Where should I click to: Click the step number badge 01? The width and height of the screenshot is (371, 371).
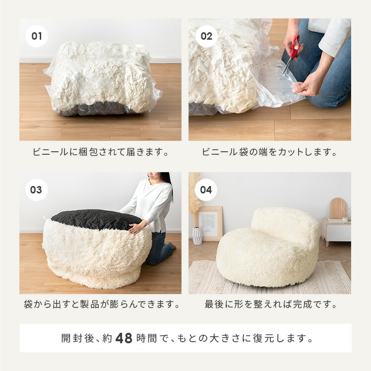pyautogui.click(x=37, y=36)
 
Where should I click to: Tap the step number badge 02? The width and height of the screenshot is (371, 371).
pyautogui.click(x=206, y=36)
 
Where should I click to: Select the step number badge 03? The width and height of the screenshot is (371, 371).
pyautogui.click(x=37, y=189)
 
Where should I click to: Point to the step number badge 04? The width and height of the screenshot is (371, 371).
pyautogui.click(x=206, y=189)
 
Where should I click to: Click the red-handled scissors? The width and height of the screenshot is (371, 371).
pyautogui.click(x=293, y=50)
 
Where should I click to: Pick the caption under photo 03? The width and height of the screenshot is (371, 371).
pyautogui.click(x=101, y=304)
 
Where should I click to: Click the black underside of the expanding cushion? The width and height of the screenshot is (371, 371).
pyautogui.click(x=94, y=219)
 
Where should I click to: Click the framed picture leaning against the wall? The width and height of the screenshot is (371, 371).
pyautogui.click(x=211, y=224)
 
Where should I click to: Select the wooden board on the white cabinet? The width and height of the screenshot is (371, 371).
pyautogui.click(x=338, y=208)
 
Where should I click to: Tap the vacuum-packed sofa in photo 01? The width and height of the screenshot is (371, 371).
pyautogui.click(x=102, y=79)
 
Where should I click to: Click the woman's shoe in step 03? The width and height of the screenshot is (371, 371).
pyautogui.click(x=171, y=246)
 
